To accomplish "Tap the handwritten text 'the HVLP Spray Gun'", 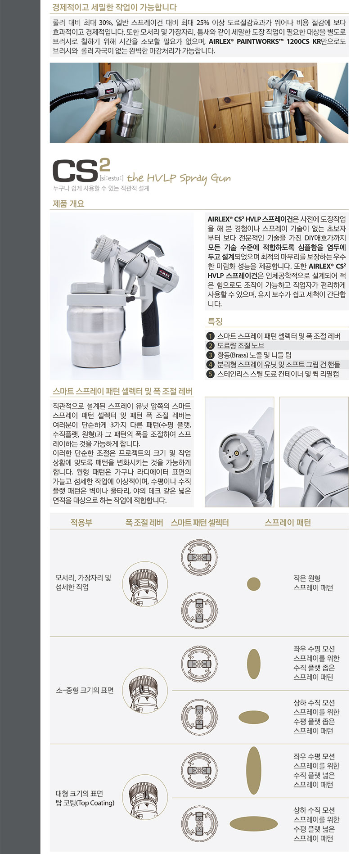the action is pyautogui.click(x=179, y=178).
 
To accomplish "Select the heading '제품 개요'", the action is pyautogui.click(x=68, y=203).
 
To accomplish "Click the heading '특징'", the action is pyautogui.click(x=215, y=321).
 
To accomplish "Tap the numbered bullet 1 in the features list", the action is pyautogui.click(x=210, y=336).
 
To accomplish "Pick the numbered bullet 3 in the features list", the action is pyautogui.click(x=210, y=355).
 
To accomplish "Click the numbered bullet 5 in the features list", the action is pyautogui.click(x=210, y=374).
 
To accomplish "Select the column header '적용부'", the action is pyautogui.click(x=81, y=523).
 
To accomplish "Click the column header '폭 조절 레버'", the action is pyautogui.click(x=144, y=523).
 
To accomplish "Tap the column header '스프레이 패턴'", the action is pyautogui.click(x=288, y=523).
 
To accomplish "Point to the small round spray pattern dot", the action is pyautogui.click(x=254, y=584).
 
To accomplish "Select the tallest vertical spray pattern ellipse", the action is pyautogui.click(x=254, y=770).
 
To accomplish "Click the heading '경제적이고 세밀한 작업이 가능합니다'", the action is pyautogui.click(x=114, y=8).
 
